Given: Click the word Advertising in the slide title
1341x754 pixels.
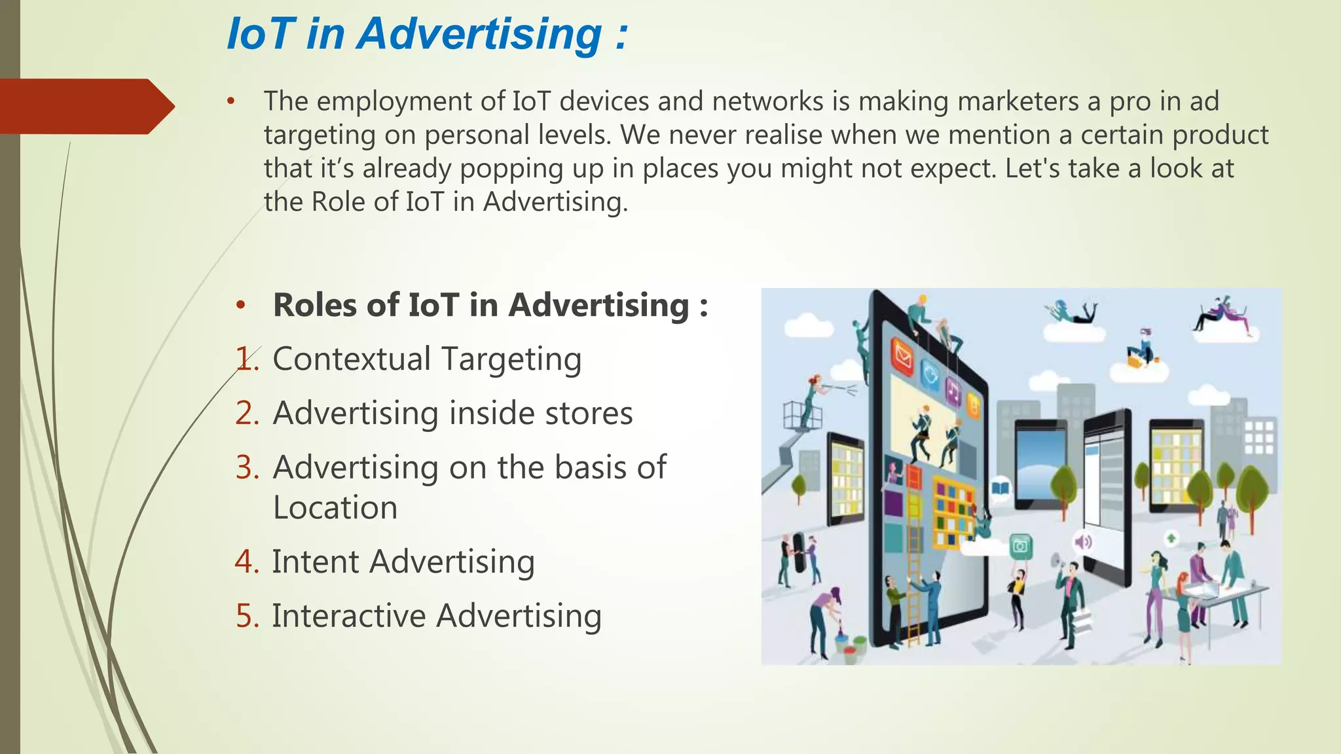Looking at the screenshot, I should pyautogui.click(x=479, y=34).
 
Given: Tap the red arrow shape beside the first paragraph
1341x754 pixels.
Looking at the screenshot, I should pyautogui.click(x=85, y=107).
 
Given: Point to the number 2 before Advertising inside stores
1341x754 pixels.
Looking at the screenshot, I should pyautogui.click(x=247, y=414).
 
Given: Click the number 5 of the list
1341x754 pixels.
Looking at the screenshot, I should pyautogui.click(x=247, y=617).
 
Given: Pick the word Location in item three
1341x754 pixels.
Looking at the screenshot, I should pyautogui.click(x=335, y=508).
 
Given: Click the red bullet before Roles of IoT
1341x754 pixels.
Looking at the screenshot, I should pyautogui.click(x=241, y=305).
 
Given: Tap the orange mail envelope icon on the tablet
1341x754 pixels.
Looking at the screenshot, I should pyautogui.click(x=904, y=357).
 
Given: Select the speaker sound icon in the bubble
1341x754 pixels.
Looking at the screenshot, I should pyautogui.click(x=1083, y=542).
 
